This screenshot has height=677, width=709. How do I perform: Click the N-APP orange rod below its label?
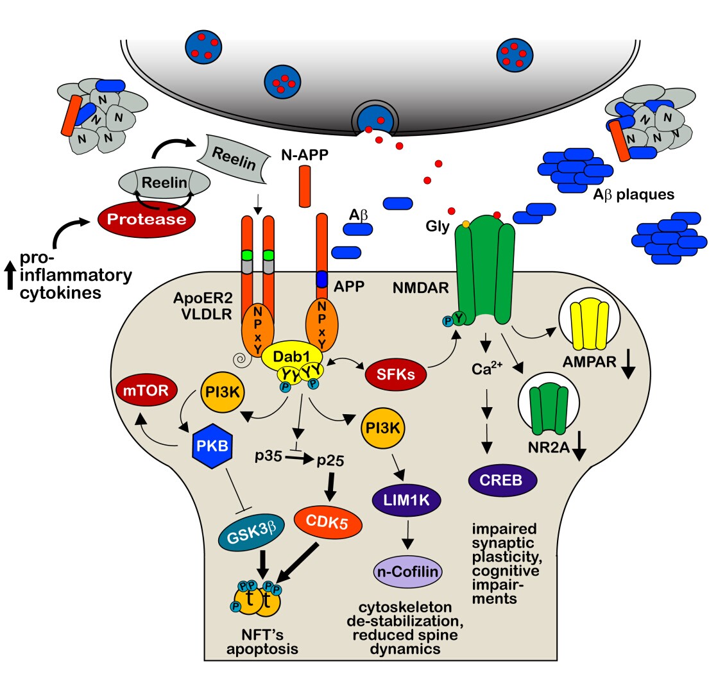tap(305, 187)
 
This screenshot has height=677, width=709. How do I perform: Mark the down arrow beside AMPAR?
tap(628, 369)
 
